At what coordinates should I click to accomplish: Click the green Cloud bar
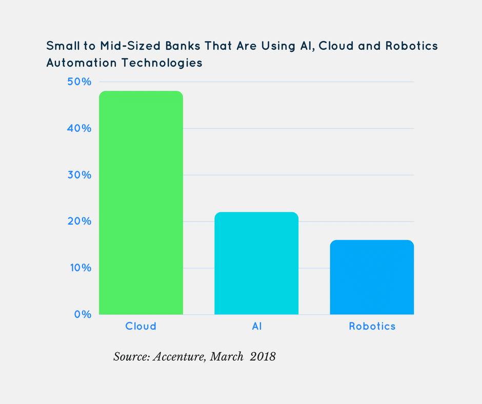tap(141, 203)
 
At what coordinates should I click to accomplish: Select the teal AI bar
tap(256, 263)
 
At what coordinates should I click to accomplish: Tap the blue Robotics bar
tap(372, 277)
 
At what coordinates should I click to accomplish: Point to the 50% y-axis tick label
tap(79, 82)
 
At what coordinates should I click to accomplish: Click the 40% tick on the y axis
tap(79, 128)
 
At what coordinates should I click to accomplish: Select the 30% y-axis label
tap(79, 175)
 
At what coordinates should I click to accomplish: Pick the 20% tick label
tap(79, 221)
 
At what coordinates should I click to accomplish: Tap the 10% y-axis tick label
tap(79, 268)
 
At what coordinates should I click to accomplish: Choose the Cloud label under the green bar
tap(141, 326)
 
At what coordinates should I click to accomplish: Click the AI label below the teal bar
tap(256, 326)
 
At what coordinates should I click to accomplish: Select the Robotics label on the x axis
tap(372, 326)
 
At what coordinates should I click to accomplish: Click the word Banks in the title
tap(183, 46)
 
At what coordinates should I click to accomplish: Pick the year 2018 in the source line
tap(263, 356)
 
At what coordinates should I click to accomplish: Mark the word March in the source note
tap(226, 356)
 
